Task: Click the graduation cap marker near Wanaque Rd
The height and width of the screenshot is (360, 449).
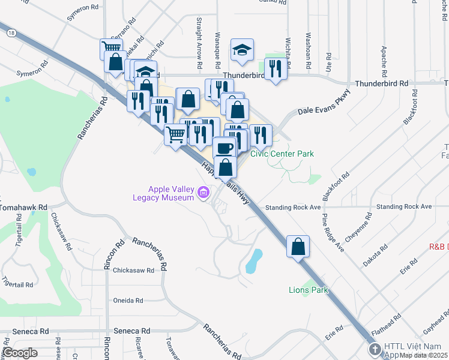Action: pyautogui.click(x=242, y=50)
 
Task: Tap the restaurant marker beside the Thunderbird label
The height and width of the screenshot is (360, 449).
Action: pyautogui.click(x=275, y=68)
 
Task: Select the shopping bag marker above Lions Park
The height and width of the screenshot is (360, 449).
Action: pyautogui.click(x=298, y=245)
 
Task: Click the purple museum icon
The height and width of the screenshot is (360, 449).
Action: pyautogui.click(x=203, y=193)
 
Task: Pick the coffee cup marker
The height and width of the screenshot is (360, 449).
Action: pyautogui.click(x=224, y=148)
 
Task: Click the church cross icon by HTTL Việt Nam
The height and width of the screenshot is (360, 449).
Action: pyautogui.click(x=375, y=349)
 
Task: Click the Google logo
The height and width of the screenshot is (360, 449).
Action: pyautogui.click(x=20, y=353)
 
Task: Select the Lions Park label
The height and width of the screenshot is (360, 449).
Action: pyautogui.click(x=307, y=290)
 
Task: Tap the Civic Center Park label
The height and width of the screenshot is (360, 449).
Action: pyautogui.click(x=282, y=154)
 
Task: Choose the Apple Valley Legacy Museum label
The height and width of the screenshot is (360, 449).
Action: pyautogui.click(x=164, y=193)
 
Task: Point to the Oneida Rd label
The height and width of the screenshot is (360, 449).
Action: pyautogui.click(x=128, y=300)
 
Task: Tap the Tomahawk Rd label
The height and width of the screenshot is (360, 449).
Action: pyautogui.click(x=23, y=207)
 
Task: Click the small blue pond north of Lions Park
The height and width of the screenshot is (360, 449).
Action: pyautogui.click(x=254, y=259)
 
